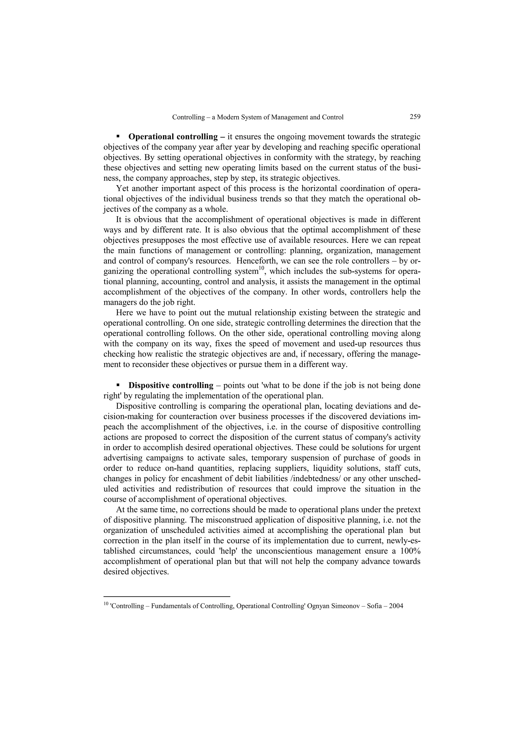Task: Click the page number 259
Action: (x=415, y=117)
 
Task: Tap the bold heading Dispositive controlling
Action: (x=171, y=385)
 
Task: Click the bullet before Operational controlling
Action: (x=118, y=137)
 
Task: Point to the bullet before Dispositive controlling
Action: (x=118, y=385)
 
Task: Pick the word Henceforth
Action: (x=258, y=261)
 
